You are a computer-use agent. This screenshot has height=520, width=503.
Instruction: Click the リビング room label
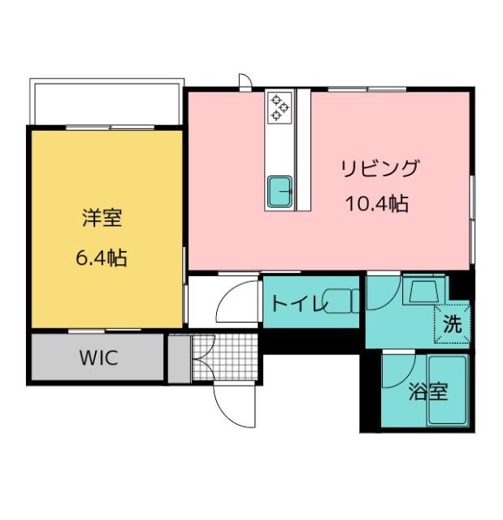(x=380, y=168)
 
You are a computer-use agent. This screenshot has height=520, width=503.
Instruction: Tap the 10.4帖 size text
(x=377, y=203)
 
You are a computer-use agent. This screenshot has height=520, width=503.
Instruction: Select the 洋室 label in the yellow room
(x=102, y=218)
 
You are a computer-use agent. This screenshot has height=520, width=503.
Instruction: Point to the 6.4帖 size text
(x=102, y=258)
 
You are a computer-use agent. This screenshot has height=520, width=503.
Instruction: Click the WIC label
(x=98, y=357)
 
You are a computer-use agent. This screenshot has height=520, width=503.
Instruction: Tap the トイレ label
(x=299, y=303)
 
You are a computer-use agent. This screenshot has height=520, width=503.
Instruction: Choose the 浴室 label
(x=428, y=392)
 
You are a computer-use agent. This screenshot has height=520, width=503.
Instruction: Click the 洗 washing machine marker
(x=453, y=324)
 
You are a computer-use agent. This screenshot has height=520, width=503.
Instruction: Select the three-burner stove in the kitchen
(x=280, y=107)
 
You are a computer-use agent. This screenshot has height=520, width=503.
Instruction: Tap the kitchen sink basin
(x=280, y=192)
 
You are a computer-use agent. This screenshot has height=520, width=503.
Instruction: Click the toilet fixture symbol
(x=341, y=301)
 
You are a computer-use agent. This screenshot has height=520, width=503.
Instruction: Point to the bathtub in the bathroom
(x=448, y=390)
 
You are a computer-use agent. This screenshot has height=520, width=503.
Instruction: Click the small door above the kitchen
(x=245, y=81)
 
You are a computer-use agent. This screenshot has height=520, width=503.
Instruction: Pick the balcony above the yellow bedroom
(x=106, y=102)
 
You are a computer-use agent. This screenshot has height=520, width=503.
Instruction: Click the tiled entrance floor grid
(x=225, y=357)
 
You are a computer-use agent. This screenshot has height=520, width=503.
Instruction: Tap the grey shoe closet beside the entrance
(x=180, y=359)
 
